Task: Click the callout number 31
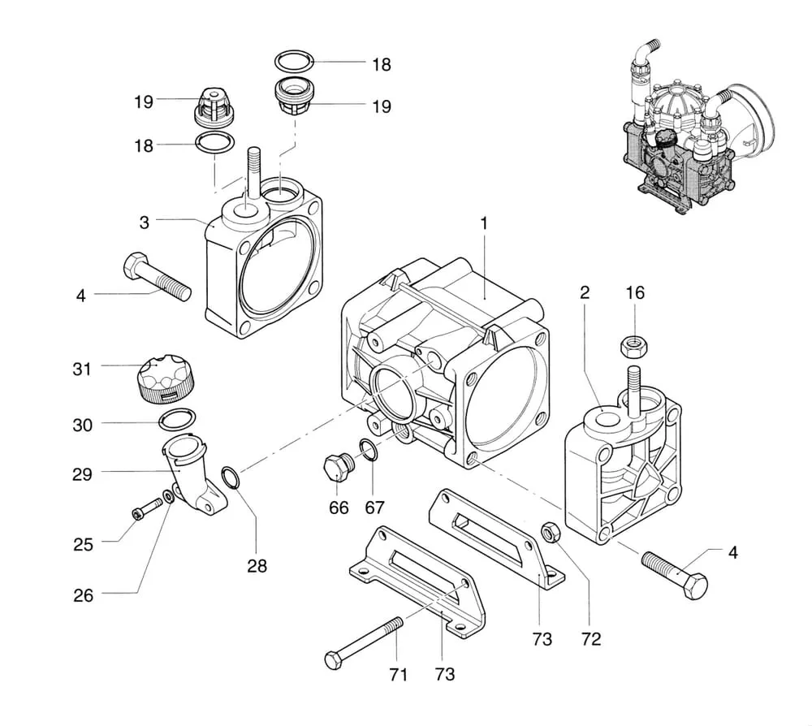(82, 369)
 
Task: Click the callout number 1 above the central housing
(484, 223)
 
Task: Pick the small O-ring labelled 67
(368, 448)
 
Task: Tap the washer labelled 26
(169, 497)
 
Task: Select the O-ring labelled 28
(231, 477)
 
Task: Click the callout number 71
(398, 674)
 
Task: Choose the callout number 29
(82, 473)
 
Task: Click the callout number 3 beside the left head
(144, 223)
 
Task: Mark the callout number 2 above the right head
(585, 292)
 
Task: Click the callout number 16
(635, 292)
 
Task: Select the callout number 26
(83, 595)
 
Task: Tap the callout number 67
(374, 508)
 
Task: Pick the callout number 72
(591, 639)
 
